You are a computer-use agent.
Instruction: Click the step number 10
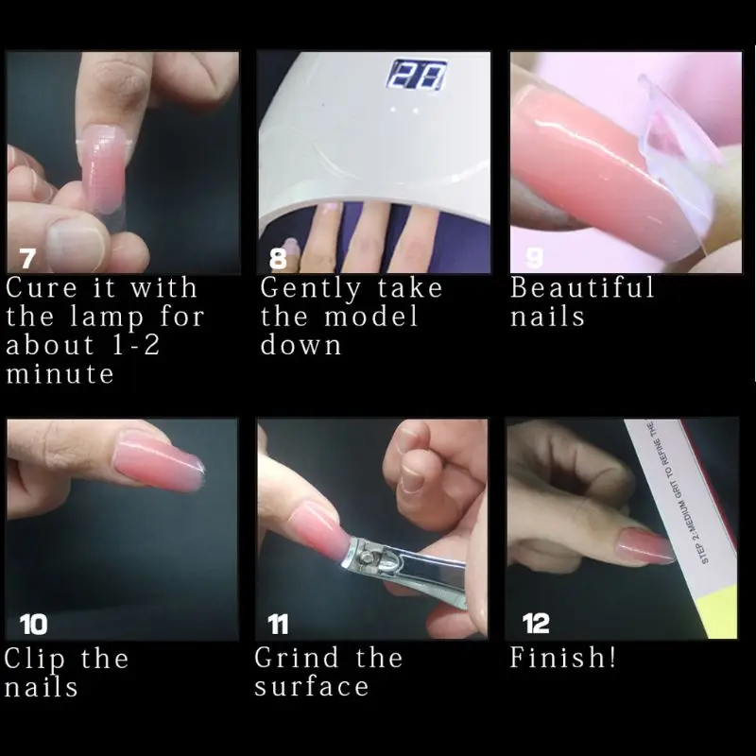(x=33, y=625)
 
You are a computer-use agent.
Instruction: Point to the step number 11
(x=279, y=625)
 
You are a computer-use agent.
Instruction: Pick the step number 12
(x=536, y=625)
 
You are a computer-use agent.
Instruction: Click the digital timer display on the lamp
(x=418, y=77)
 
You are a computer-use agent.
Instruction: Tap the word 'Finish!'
(x=563, y=658)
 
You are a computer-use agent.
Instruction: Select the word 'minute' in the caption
(x=60, y=374)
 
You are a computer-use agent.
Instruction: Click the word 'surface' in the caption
(x=311, y=687)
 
